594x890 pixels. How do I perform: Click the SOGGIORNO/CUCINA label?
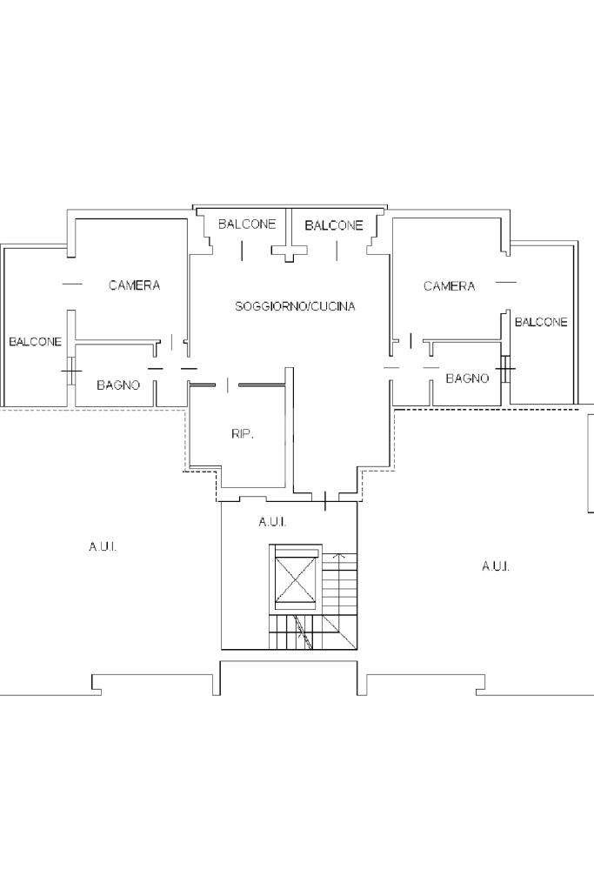point(295,306)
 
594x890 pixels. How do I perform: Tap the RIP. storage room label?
point(243,434)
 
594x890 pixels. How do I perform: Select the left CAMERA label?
point(135,285)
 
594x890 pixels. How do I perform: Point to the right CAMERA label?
point(449,286)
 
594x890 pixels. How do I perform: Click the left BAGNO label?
point(118,385)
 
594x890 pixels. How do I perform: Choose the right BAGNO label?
point(468,378)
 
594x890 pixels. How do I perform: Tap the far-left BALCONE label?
point(35,342)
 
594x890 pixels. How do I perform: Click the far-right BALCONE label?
point(541,323)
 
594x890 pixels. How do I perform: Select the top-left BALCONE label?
point(247,224)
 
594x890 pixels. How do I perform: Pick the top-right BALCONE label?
point(334,225)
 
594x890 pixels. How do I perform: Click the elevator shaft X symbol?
point(295,578)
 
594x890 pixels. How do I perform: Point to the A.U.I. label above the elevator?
point(272,522)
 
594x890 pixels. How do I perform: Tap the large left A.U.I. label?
point(103,547)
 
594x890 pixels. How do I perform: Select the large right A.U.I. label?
point(496,566)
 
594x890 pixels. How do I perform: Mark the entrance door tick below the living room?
point(325,501)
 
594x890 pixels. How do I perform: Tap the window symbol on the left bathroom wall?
point(71,371)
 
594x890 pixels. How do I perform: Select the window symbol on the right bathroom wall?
point(506,368)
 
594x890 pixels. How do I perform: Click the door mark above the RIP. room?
point(228,385)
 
